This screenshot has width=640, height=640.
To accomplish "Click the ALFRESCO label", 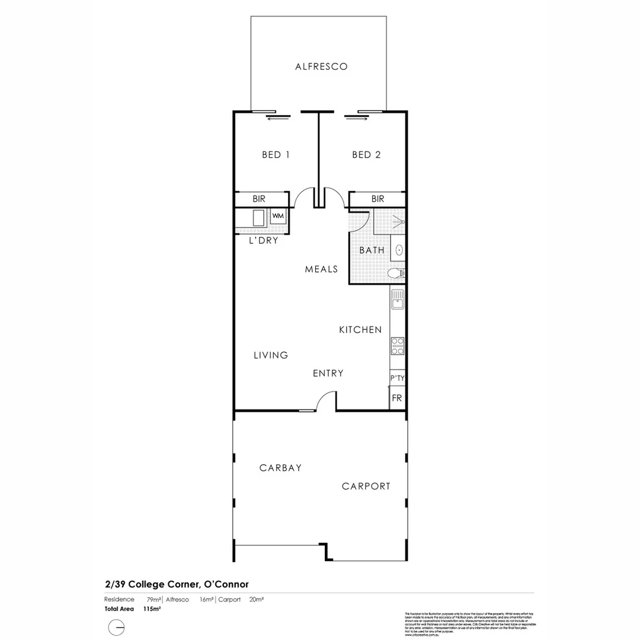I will [321, 67].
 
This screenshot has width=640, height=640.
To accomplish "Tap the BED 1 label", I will [276, 155].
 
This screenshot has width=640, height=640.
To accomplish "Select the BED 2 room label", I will [366, 155].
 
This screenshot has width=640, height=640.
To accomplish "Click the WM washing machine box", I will [278, 216].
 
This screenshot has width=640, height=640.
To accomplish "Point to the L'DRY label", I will [263, 241].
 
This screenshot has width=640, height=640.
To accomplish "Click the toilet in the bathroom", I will [395, 273].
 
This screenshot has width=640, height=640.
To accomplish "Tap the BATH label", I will [372, 251].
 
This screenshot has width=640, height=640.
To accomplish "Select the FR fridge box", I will [396, 398].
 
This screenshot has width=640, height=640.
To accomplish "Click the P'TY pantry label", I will [397, 378].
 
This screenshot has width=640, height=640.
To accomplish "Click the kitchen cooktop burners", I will [397, 345].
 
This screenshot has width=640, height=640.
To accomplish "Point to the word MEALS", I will [321, 269].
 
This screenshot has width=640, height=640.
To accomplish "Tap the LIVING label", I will [271, 356].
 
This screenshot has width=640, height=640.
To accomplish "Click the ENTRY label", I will [328, 373].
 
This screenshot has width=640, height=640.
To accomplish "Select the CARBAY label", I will [280, 468].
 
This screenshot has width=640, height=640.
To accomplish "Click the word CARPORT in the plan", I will [366, 487].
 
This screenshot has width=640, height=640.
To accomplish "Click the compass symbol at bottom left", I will [117, 627].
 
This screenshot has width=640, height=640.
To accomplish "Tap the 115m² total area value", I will [152, 609].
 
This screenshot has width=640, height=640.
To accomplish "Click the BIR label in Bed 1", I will [259, 199].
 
